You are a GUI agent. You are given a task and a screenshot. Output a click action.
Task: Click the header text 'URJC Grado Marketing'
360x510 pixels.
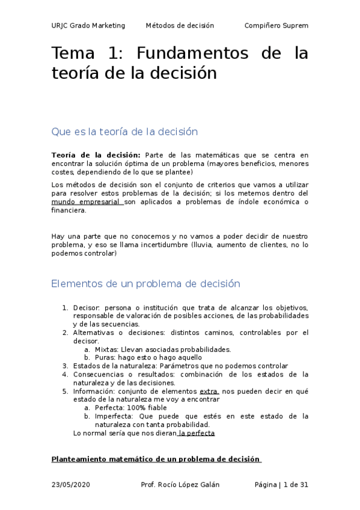(88, 25)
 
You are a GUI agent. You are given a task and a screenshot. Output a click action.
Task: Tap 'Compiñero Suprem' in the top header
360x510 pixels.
(276, 25)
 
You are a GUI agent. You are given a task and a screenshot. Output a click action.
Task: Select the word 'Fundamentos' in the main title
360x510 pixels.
(192, 54)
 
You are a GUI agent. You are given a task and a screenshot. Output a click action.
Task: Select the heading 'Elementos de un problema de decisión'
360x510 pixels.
(146, 284)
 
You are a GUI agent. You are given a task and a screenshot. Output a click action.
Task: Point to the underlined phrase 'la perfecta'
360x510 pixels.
(197, 433)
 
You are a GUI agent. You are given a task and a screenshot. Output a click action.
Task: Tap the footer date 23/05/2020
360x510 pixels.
(72, 485)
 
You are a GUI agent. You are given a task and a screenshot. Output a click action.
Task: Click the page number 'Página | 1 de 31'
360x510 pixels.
(281, 485)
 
